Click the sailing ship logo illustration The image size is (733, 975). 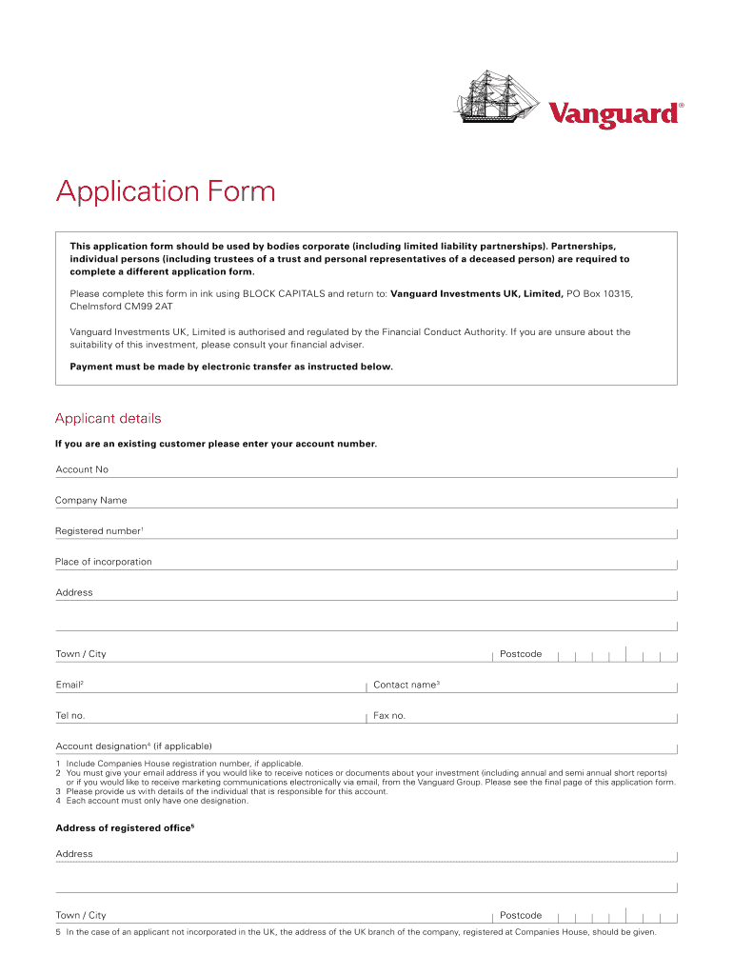point(496,97)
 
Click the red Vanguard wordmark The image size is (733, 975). point(614,114)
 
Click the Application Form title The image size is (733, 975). point(166,192)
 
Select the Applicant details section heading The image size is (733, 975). point(109,419)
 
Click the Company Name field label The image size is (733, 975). point(91,500)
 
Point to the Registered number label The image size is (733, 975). point(99,531)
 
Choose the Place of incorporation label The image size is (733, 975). point(104,562)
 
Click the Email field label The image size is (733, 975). point(69,685)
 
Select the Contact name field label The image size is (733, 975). point(406,685)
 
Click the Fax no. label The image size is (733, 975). point(389,715)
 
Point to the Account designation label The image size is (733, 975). point(133,746)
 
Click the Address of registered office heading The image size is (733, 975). point(125,828)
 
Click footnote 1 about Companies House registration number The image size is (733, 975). point(181,764)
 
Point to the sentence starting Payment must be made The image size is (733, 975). point(231,367)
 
